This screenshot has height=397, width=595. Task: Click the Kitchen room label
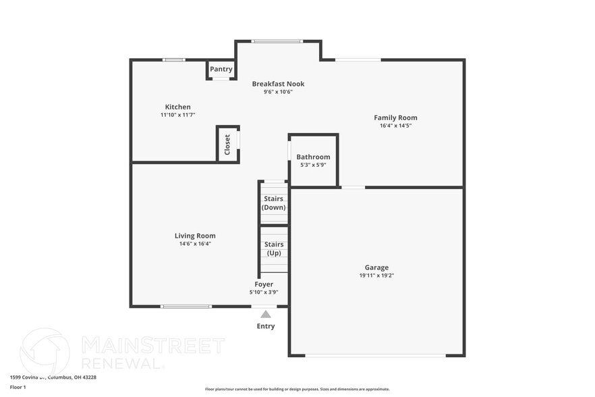tap(178, 107)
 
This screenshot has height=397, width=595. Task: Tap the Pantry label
tap(221, 69)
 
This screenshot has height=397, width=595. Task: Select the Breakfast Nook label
tap(278, 84)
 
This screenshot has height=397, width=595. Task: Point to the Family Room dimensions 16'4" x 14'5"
tap(395, 126)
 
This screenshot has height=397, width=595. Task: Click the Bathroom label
tap(313, 157)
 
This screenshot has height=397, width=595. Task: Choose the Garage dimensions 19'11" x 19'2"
tap(376, 275)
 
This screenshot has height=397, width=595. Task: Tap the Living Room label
tap(195, 236)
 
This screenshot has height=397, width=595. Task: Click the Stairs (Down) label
tap(274, 203)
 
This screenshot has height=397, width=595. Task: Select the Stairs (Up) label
tap(274, 248)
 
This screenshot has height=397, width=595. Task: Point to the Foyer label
tap(264, 284)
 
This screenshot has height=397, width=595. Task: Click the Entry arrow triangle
tap(266, 314)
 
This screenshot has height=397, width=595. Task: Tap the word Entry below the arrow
tap(266, 326)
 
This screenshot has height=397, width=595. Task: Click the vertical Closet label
tap(227, 144)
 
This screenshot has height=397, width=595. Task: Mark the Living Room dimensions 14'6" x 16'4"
tap(195, 244)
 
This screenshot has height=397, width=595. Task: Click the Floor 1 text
tap(18, 387)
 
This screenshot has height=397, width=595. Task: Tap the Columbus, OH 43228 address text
tap(70, 377)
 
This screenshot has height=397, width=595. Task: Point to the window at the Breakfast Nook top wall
tap(277, 41)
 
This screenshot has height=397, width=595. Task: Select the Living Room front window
tap(186, 307)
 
